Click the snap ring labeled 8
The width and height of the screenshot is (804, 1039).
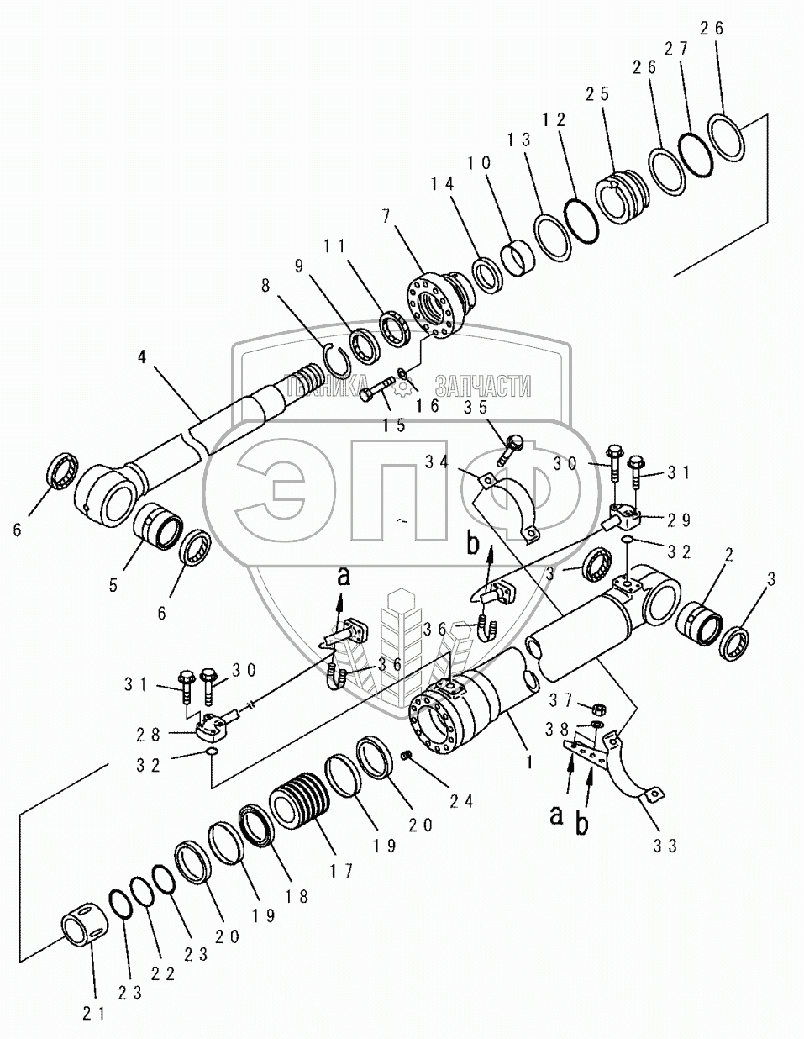coord(336,363)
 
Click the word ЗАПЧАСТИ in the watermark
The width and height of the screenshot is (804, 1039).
coord(483,386)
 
